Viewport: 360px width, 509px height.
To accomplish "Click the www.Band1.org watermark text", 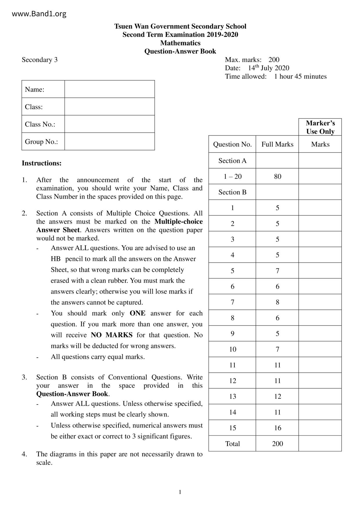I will coord(39,14).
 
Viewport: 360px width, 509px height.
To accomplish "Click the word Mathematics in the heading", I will coord(180,43).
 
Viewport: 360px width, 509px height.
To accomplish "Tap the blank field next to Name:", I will coord(109,89).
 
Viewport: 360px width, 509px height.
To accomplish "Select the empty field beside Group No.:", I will coord(109,142).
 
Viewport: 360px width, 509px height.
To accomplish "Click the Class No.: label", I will coord(40,124).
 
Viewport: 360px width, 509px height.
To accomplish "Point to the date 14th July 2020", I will coord(268,68).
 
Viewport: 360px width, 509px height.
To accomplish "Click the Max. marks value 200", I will coord(274,60).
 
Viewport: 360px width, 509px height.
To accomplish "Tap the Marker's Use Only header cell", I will coord(320,127).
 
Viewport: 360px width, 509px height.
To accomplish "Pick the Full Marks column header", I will coord(277,144).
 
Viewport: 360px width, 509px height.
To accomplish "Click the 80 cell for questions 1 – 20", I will coord(278,176).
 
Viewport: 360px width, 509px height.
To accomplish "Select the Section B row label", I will coord(232,192).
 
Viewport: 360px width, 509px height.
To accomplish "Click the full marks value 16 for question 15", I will coord(278,428).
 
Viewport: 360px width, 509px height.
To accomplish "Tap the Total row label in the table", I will coord(233,443).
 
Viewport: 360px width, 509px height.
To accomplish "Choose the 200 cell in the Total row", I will coord(278,443).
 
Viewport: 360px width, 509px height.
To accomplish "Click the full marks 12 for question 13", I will coord(278,396).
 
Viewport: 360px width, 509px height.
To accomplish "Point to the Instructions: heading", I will coord(42,163).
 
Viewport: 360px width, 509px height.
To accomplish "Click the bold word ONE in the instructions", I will coord(138,313).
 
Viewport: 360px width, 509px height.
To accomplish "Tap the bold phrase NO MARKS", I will coord(112,335).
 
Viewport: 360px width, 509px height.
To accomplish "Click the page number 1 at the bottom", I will coord(180,492).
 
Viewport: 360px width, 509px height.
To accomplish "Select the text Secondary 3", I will coord(39,60).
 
